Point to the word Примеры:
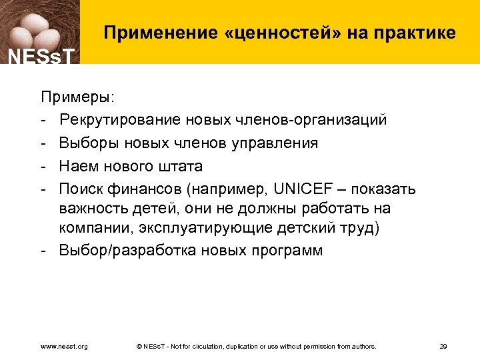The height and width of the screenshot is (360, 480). coord(77,98)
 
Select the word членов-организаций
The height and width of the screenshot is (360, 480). coord(311,120)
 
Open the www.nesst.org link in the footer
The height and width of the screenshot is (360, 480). coord(65,346)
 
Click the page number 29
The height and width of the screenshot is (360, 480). coord(443,346)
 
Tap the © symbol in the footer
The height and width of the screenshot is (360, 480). coord(138,346)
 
